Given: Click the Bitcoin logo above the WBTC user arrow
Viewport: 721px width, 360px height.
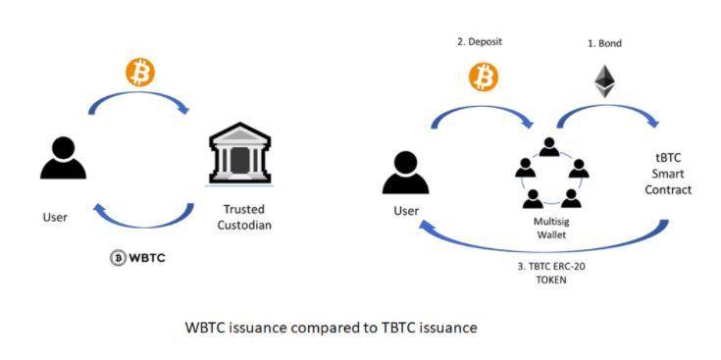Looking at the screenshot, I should (140, 73).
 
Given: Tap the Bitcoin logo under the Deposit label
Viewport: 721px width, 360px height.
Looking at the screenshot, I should (484, 77).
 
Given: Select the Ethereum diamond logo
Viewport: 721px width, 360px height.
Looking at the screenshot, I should (604, 81).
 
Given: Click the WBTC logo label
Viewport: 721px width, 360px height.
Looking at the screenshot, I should (137, 258).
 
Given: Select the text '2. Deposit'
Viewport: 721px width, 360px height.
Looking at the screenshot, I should (480, 42).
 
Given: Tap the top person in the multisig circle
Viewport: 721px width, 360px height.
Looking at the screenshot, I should (549, 147).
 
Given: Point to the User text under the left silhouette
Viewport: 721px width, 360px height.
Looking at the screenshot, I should (56, 217).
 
